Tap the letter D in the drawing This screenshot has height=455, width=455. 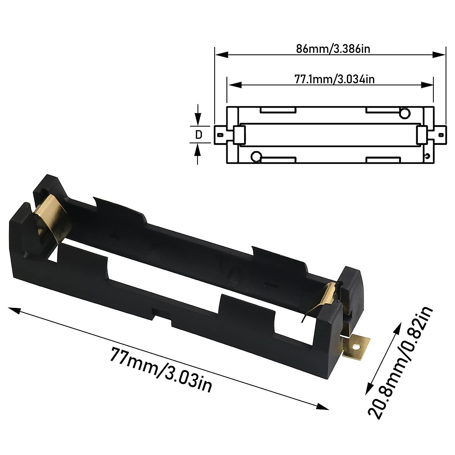198,134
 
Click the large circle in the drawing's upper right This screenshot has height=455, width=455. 405,113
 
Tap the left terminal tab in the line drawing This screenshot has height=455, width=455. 220,134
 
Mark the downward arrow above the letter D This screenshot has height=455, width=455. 198,119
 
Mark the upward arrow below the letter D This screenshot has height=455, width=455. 198,150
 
